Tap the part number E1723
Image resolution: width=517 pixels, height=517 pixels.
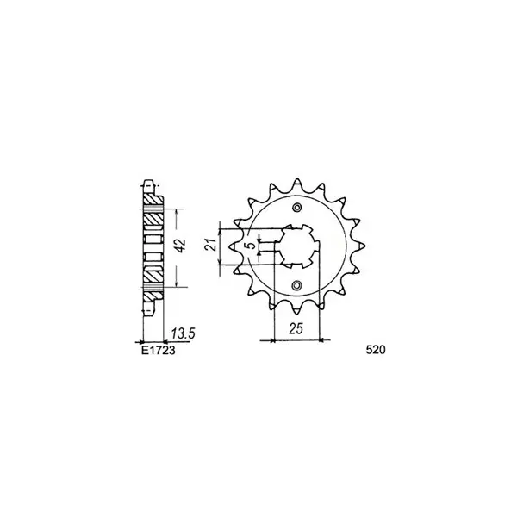coord(159,350)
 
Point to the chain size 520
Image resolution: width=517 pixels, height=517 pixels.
coord(375,350)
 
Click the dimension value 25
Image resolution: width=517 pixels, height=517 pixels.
coord(296,329)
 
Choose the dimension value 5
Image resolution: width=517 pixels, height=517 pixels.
coord(252,245)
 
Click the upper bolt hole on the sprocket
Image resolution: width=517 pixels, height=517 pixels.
coord(297,208)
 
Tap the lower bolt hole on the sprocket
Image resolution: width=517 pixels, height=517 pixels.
coord(297,284)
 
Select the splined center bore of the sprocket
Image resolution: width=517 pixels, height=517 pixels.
coord(297,246)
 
